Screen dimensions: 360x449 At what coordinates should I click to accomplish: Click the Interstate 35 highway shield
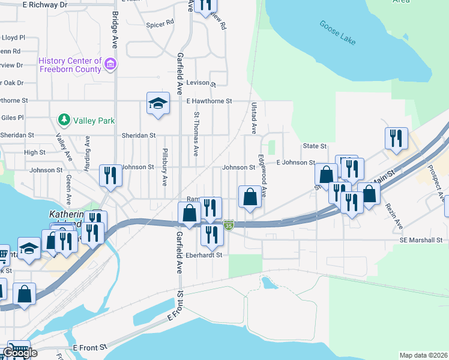pyautogui.click(x=229, y=225)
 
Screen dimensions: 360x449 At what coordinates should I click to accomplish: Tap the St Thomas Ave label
pyautogui.click(x=196, y=134)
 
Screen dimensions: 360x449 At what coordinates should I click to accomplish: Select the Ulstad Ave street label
pyautogui.click(x=253, y=117)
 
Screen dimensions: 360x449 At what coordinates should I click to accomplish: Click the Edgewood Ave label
pyautogui.click(x=262, y=175)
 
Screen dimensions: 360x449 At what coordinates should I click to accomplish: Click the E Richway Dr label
pyautogui.click(x=46, y=4)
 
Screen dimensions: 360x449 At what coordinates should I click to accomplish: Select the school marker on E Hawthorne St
pyautogui.click(x=157, y=103)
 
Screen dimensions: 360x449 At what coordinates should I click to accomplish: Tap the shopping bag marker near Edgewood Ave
pyautogui.click(x=250, y=196)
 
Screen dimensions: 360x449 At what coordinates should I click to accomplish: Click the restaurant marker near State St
pyautogui.click(x=396, y=138)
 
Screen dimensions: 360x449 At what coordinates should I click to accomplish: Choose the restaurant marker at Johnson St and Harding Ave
pyautogui.click(x=109, y=175)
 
